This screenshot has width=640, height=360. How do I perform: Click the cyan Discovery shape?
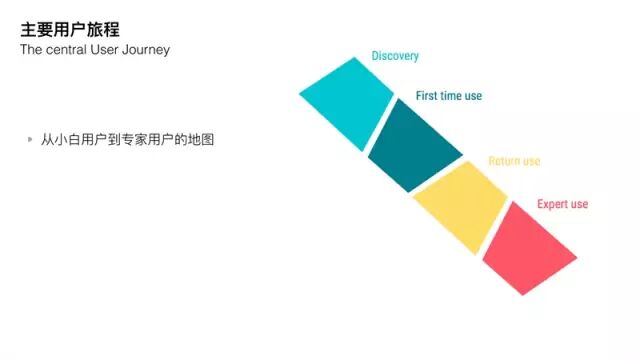348,103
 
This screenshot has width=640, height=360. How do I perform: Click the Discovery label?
395,56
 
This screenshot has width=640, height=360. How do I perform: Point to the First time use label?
449,96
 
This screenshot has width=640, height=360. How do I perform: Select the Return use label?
514,161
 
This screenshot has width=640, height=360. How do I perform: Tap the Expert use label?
562,204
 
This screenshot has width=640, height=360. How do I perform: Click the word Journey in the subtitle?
146,50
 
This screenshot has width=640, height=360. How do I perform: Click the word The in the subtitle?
31,50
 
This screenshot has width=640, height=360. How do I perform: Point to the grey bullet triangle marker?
30,139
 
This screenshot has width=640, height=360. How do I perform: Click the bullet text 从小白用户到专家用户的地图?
127,140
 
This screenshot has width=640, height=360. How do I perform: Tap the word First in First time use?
427,96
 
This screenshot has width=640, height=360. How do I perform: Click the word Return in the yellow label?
504,161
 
